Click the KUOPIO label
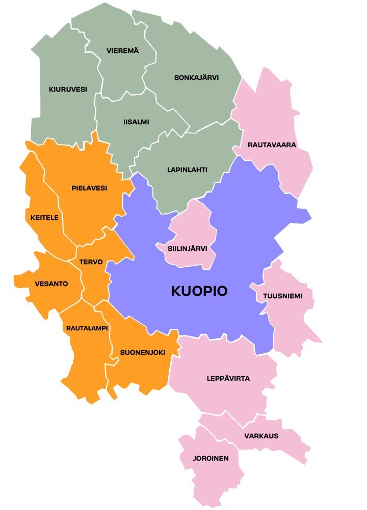[199, 291]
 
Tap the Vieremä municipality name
[123, 50]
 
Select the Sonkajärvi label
[196, 78]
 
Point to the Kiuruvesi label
[68, 89]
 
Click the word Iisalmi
[136, 122]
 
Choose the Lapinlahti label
[187, 169]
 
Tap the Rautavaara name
[272, 145]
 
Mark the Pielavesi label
[89, 188]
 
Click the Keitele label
[44, 217]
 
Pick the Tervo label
[91, 262]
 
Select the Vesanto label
[51, 284]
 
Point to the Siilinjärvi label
[187, 249]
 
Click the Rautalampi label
[87, 328]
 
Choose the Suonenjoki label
[143, 352]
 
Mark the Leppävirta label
[228, 379]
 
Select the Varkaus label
[261, 436]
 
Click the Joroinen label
[211, 458]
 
